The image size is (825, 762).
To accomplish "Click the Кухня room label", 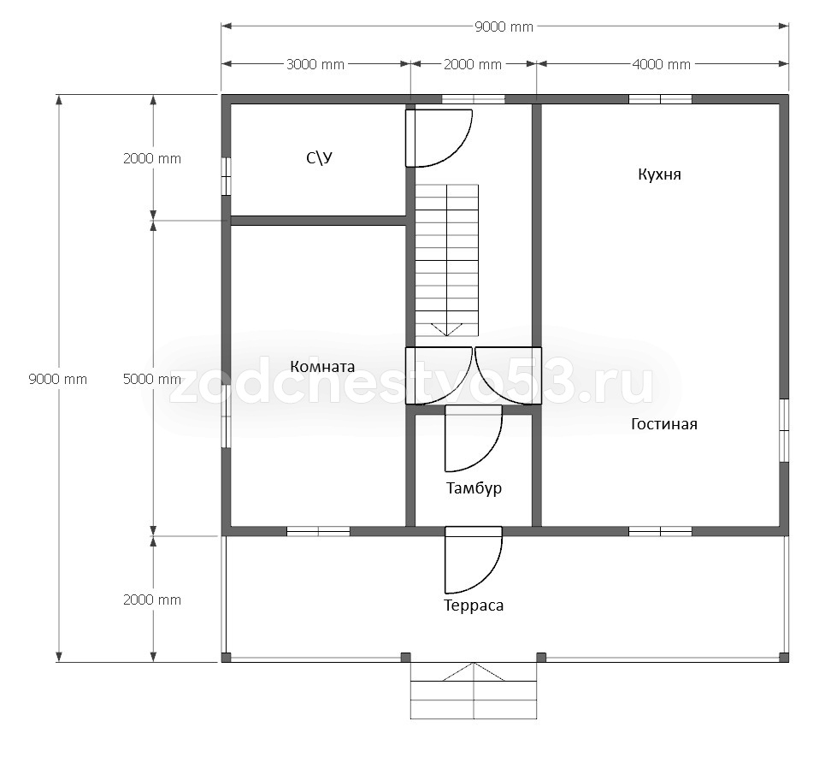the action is pyautogui.click(x=659, y=174).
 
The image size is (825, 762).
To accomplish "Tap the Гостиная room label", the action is pyautogui.click(x=664, y=423).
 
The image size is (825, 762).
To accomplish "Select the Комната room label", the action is pyautogui.click(x=322, y=366).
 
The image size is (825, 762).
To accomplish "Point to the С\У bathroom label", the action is pyautogui.click(x=320, y=157).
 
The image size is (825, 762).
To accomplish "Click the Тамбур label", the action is pyautogui.click(x=474, y=488).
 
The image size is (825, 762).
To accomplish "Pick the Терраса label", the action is pyautogui.click(x=474, y=605).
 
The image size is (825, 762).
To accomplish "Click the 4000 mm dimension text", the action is pyautogui.click(x=662, y=64).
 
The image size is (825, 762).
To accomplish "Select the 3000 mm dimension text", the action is pyautogui.click(x=315, y=64).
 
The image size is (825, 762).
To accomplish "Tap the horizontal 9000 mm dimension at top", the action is pyautogui.click(x=504, y=27).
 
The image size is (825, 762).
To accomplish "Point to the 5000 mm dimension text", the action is pyautogui.click(x=152, y=379).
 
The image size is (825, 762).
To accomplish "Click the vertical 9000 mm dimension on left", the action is pyautogui.click(x=58, y=379).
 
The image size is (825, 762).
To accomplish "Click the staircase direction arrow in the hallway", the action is pyautogui.click(x=447, y=330).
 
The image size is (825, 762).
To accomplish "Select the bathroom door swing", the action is pyautogui.click(x=439, y=138).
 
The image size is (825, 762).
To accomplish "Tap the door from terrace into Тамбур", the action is pyautogui.click(x=474, y=559).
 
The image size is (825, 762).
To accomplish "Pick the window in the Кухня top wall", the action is pyautogui.click(x=660, y=99).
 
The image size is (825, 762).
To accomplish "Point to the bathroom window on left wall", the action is pyautogui.click(x=226, y=176).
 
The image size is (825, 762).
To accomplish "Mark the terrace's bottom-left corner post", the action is pyautogui.click(x=226, y=658).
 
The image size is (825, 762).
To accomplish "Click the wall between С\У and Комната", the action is pyautogui.click(x=318, y=221).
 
